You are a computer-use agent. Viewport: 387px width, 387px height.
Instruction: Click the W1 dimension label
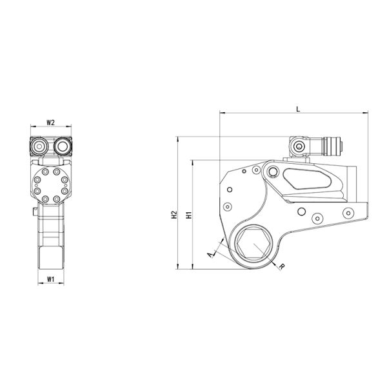click(50, 279)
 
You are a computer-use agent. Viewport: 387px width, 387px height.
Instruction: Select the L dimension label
click(298, 108)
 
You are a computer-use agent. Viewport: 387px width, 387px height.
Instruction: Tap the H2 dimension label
click(174, 215)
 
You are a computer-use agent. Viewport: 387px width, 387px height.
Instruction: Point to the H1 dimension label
click(188, 215)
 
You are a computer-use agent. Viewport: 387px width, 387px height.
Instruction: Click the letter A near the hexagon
click(210, 255)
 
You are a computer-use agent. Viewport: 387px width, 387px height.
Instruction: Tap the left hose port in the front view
click(38, 147)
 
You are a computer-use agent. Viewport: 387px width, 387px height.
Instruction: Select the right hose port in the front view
click(62, 147)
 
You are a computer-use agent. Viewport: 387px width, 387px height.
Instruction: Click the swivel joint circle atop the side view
click(299, 148)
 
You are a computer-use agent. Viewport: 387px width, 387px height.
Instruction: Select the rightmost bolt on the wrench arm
click(348, 214)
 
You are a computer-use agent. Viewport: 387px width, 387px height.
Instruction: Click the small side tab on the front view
click(32, 213)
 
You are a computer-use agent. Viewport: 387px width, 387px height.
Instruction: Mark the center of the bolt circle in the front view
click(50, 185)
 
